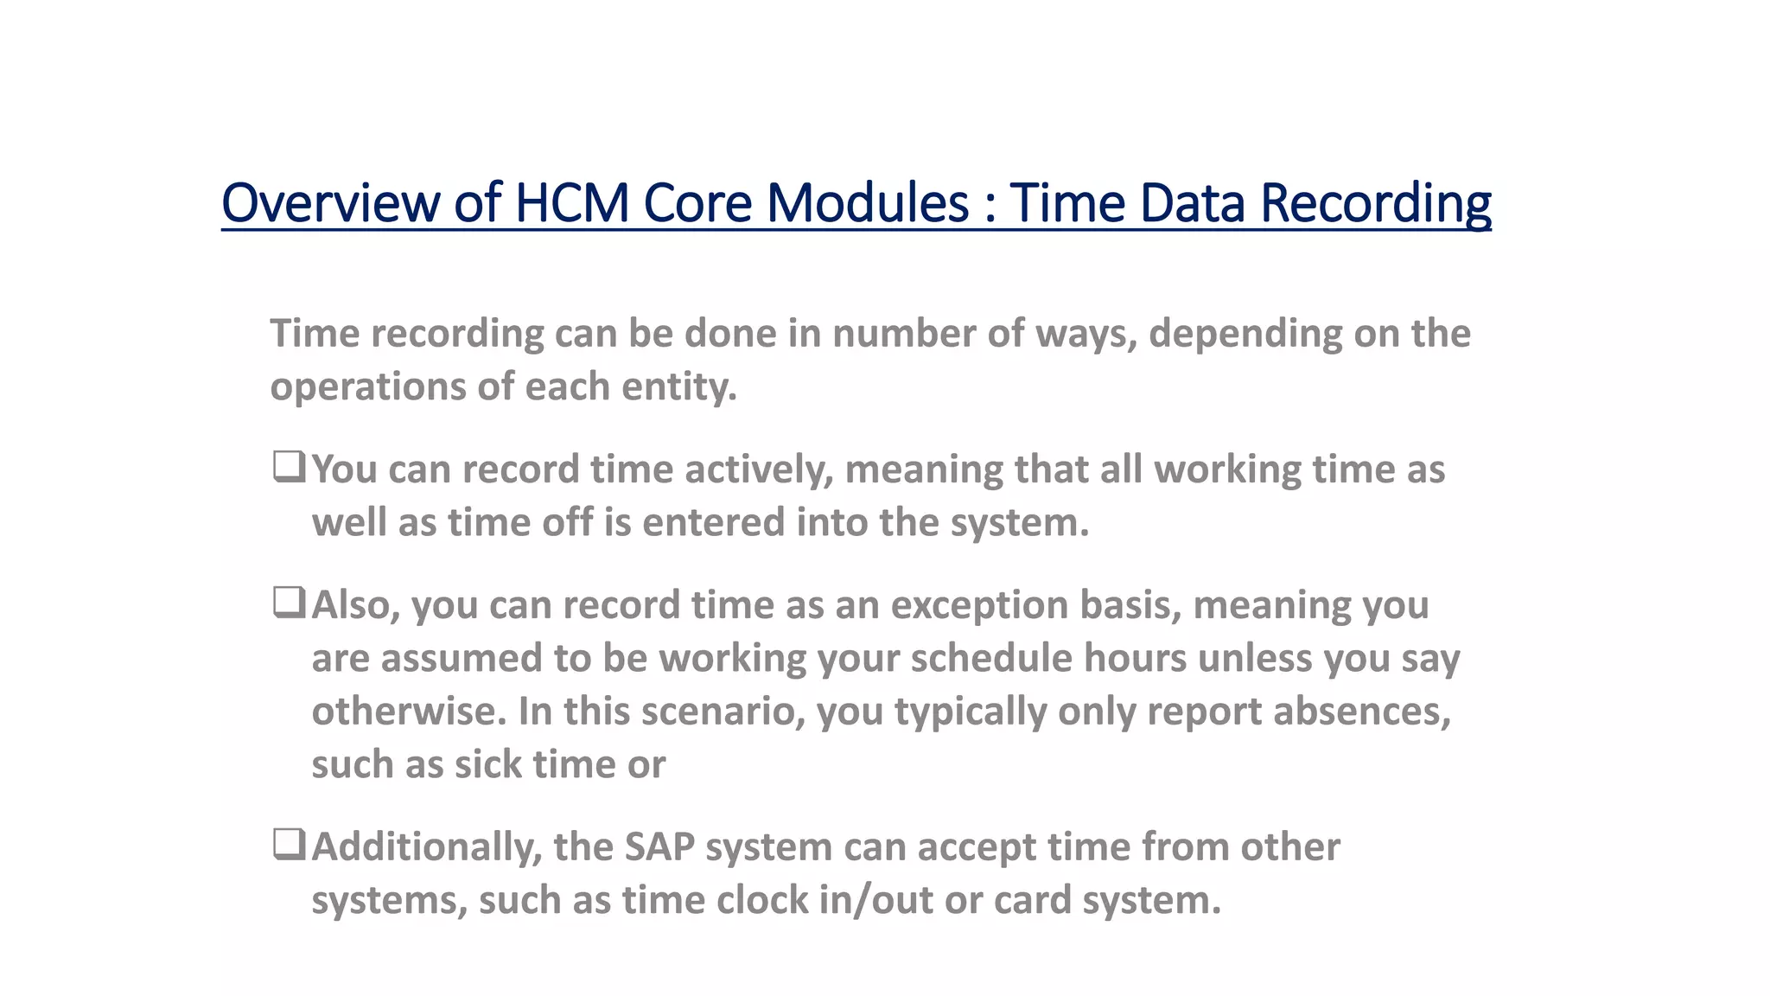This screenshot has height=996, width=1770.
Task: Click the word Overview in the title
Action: (331, 203)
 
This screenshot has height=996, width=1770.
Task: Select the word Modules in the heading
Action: (868, 203)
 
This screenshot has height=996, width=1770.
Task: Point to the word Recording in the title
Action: (1375, 203)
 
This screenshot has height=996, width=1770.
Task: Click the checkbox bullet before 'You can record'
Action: (289, 467)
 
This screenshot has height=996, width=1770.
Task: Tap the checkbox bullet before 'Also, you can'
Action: (289, 602)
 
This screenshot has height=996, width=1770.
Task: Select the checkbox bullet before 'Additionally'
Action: (289, 844)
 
